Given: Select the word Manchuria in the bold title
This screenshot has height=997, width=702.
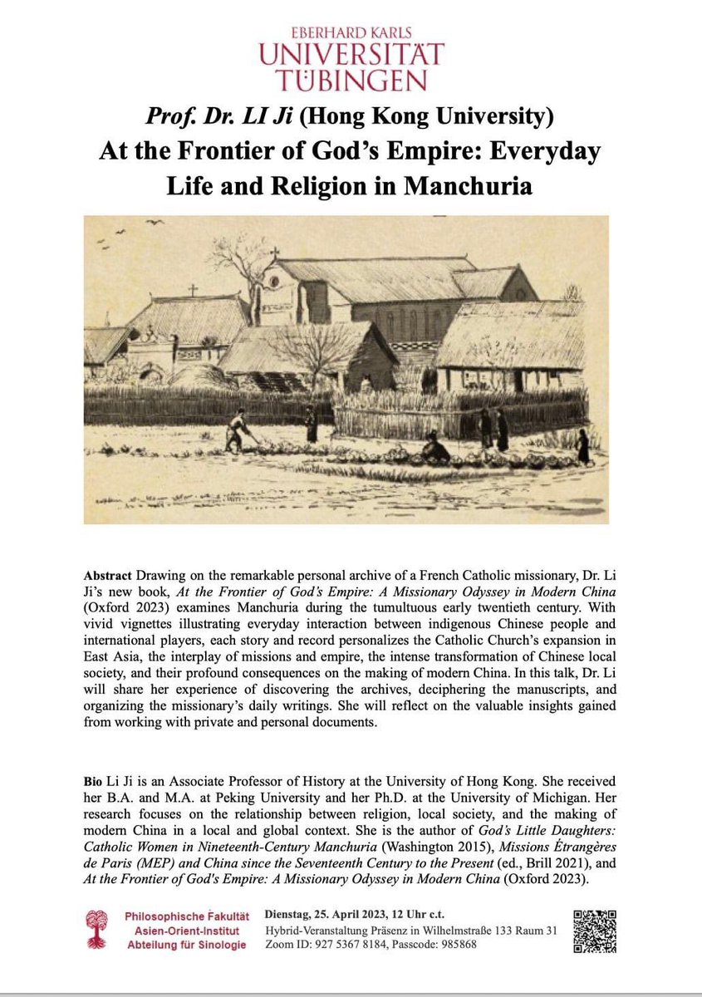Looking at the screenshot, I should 467,184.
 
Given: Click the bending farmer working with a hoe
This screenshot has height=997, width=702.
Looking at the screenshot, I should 239,430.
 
